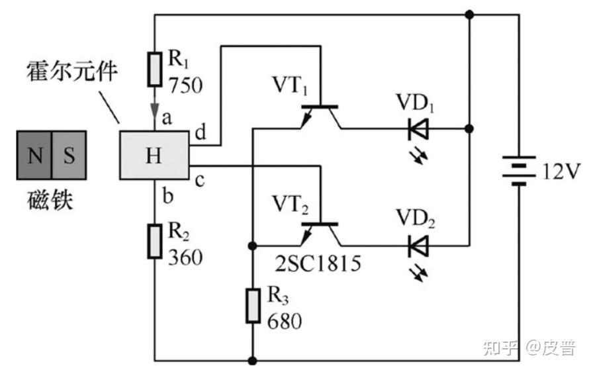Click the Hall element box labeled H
click(x=154, y=155)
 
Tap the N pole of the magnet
click(x=34, y=155)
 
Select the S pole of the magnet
click(x=69, y=155)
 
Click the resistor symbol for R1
click(x=155, y=69)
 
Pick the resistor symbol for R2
click(x=155, y=241)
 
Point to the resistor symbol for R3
click(x=253, y=306)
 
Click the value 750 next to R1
click(x=185, y=85)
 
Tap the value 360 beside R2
click(x=185, y=257)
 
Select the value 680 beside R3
click(x=285, y=322)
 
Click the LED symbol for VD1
click(x=418, y=129)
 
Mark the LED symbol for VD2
click(x=418, y=246)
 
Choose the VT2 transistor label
click(x=290, y=205)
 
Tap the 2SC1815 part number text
click(x=318, y=263)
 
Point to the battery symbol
click(x=519, y=171)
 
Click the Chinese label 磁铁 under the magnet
click(x=50, y=200)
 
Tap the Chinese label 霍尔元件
click(x=71, y=71)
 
